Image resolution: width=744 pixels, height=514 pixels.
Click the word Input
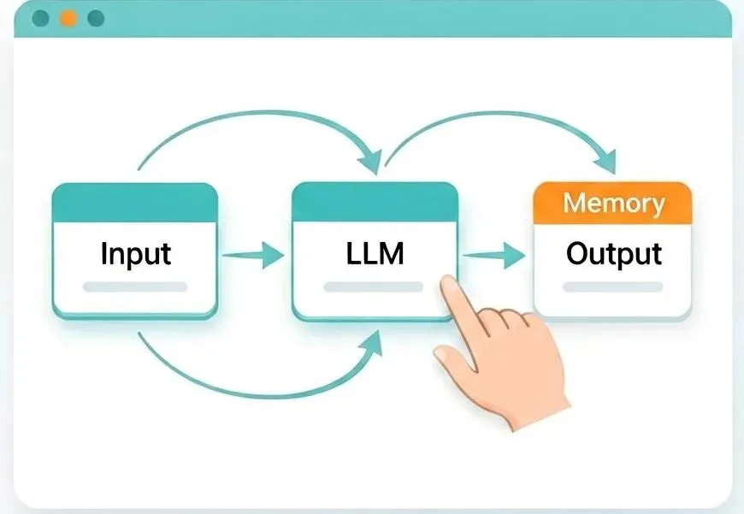click(136, 254)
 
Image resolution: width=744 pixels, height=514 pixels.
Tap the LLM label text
click(375, 253)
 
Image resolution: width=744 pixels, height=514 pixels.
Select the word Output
click(614, 254)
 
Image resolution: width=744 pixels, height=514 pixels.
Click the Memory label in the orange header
click(613, 204)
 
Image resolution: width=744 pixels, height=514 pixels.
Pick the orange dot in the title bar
click(68, 19)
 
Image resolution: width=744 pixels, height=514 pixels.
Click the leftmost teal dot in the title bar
click(40, 19)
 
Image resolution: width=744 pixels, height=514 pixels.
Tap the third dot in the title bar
click(97, 19)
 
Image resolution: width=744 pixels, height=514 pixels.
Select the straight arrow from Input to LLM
click(253, 256)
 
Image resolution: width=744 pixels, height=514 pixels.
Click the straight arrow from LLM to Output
click(494, 256)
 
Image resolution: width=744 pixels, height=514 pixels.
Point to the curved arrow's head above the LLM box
click(371, 161)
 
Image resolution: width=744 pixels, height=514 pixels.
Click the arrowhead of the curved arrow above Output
click(606, 162)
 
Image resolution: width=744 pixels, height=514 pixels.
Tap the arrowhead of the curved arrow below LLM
click(371, 343)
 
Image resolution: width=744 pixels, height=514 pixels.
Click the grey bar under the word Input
click(135, 287)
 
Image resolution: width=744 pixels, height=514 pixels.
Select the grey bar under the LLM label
click(374, 287)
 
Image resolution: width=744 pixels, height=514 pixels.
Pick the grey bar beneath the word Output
click(612, 287)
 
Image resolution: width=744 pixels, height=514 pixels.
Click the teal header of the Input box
click(135, 203)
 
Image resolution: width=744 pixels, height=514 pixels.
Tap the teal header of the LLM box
click(375, 202)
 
